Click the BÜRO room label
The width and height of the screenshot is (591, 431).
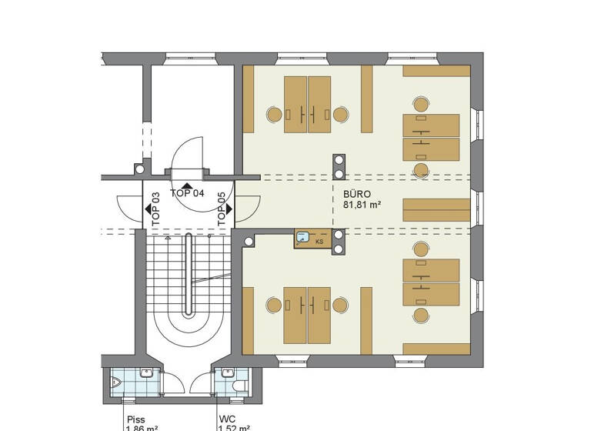(x=357, y=195)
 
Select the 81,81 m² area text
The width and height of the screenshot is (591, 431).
(x=362, y=205)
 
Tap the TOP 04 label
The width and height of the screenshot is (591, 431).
(x=187, y=193)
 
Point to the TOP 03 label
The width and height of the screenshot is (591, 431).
(x=156, y=209)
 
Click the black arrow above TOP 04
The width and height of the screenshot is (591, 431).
(x=187, y=185)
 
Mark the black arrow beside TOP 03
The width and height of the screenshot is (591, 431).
(x=147, y=209)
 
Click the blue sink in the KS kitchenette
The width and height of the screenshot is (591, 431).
(x=304, y=238)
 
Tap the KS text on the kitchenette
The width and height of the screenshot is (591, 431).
(x=319, y=241)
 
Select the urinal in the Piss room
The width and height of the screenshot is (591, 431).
(x=116, y=381)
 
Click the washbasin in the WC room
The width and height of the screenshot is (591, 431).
(x=225, y=373)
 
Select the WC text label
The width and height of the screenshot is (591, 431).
(x=227, y=419)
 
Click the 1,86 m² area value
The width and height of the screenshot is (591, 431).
(x=142, y=428)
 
